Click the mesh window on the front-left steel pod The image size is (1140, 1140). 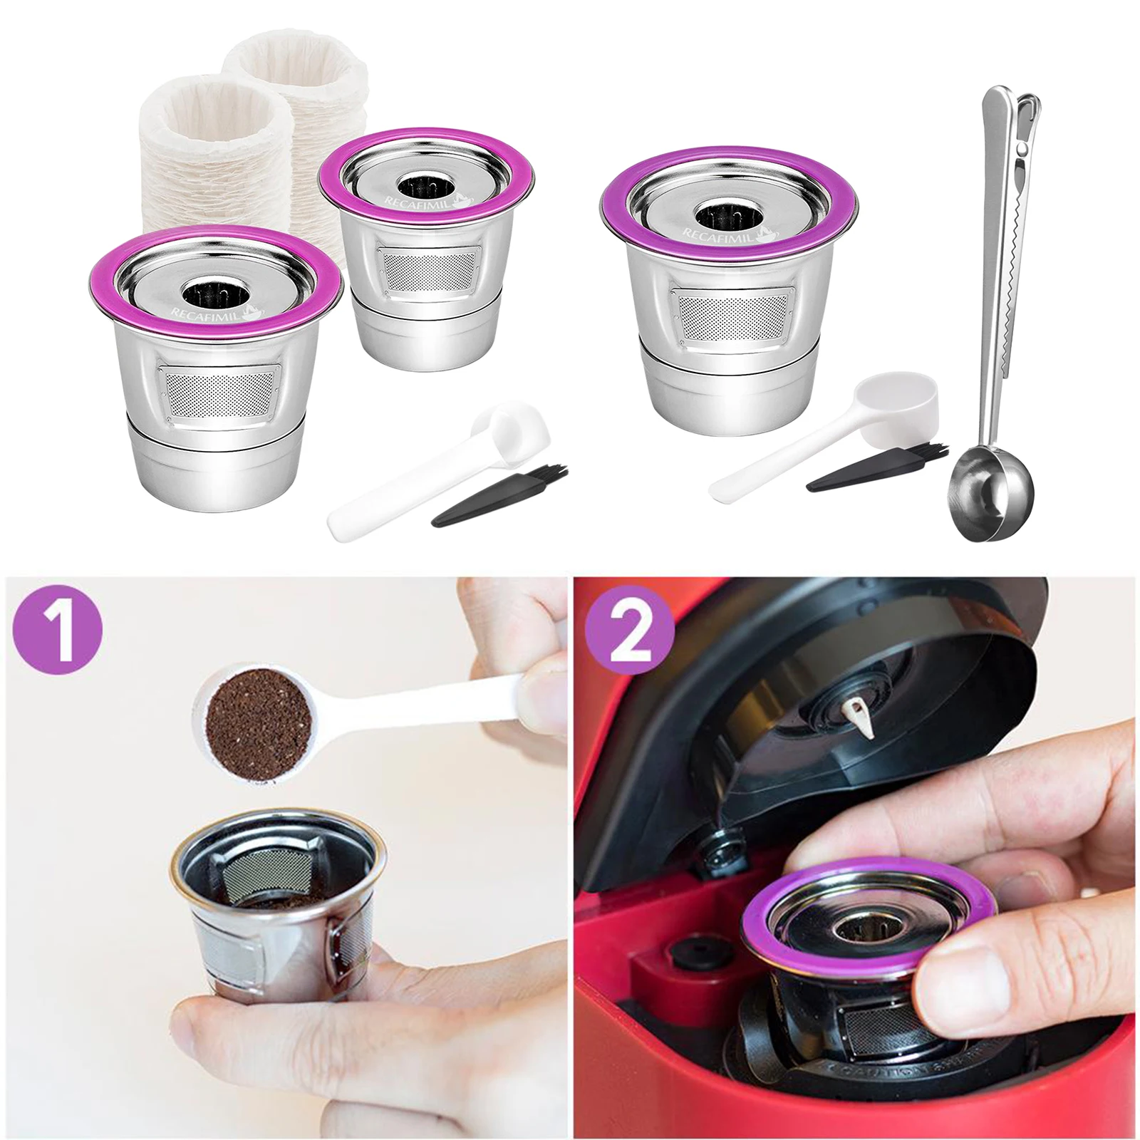218,393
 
